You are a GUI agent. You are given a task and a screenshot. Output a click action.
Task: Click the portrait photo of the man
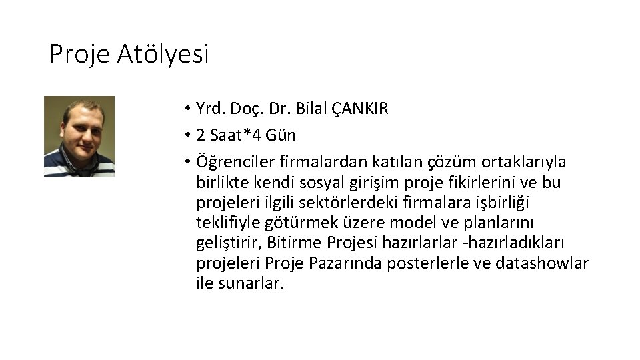tap(79, 136)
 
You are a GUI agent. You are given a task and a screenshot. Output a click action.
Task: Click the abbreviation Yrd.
tap(211, 109)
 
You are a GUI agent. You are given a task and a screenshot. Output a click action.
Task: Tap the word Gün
tap(281, 135)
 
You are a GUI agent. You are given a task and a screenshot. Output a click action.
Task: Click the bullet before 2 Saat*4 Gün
tap(189, 135)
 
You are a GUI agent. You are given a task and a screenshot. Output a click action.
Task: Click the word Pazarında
tap(345, 263)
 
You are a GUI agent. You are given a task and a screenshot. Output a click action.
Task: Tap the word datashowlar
tap(542, 263)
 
